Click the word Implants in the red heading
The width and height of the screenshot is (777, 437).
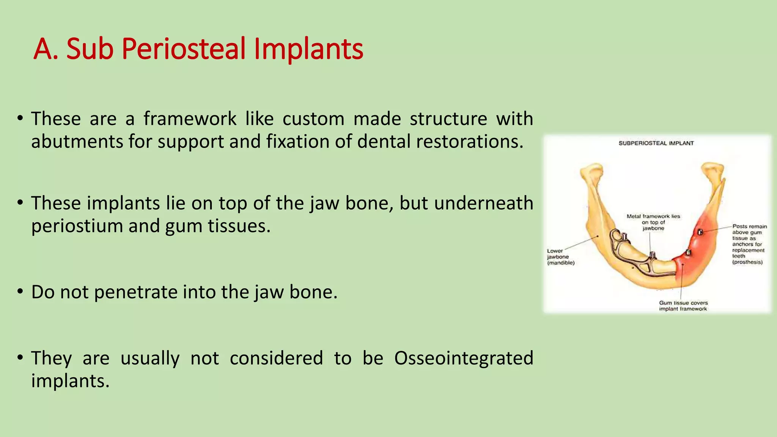coord(308,49)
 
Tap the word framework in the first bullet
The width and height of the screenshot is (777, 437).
coord(190,119)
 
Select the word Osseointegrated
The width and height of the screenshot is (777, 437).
coord(463,358)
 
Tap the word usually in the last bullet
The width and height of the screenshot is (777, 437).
coord(150,358)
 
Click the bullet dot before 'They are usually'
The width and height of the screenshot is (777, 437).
coord(20,358)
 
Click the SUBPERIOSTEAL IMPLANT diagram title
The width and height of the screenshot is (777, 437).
coord(656,143)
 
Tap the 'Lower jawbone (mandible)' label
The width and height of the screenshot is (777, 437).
coord(560,257)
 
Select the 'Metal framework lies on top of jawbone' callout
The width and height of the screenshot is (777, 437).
coord(653,222)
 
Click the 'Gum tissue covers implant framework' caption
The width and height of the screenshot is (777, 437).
coord(683,306)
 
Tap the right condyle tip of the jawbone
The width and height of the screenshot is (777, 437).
coord(713,168)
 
